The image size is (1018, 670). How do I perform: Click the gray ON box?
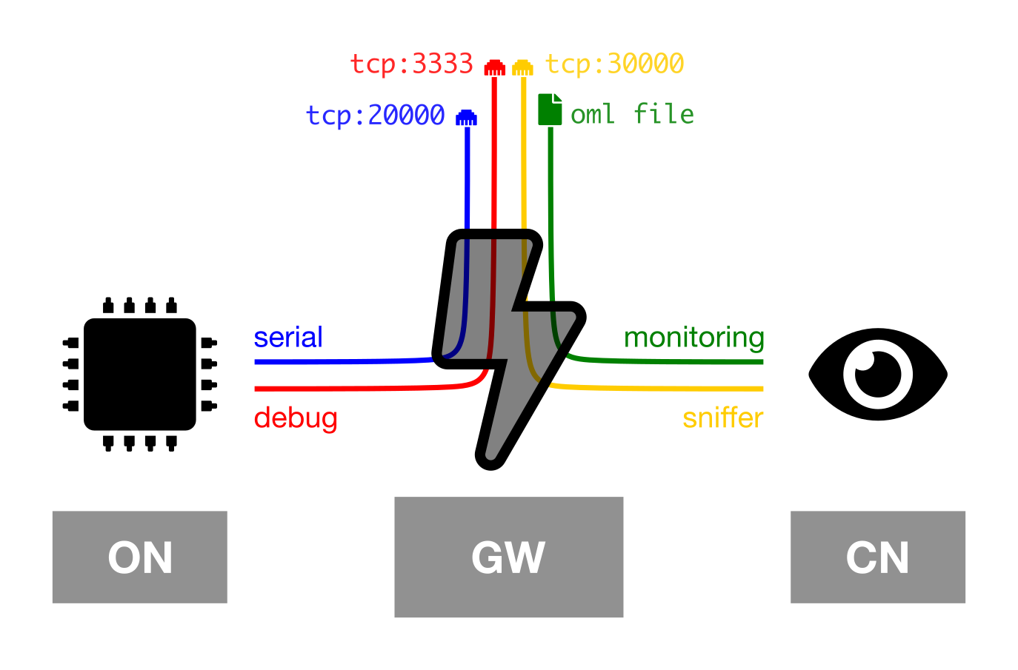(x=140, y=557)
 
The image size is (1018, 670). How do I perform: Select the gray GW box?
(x=508, y=557)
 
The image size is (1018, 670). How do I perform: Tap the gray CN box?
(x=877, y=557)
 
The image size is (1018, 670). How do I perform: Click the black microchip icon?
(x=140, y=375)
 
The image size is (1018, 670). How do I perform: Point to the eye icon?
(x=878, y=375)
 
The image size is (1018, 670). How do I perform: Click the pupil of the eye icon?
(x=878, y=375)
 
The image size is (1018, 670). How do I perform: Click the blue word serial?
(x=288, y=337)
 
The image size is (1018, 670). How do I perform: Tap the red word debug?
(x=296, y=418)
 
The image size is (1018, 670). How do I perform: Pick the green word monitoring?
(x=693, y=338)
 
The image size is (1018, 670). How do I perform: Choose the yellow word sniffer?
(x=722, y=418)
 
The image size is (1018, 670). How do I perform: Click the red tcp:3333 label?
(x=412, y=64)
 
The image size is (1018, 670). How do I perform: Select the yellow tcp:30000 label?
(x=614, y=64)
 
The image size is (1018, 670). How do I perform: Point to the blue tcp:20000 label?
(x=376, y=115)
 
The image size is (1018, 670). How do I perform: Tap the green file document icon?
(x=550, y=110)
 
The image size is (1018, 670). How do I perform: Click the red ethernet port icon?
(x=494, y=67)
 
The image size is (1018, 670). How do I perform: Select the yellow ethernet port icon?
(x=522, y=67)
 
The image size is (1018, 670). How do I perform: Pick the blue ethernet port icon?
(x=466, y=118)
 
